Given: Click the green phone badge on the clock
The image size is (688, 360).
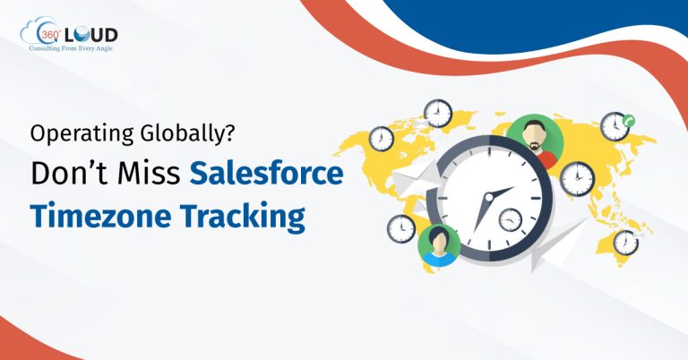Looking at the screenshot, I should [629, 119].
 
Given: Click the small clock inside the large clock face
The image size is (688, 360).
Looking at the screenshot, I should [510, 218].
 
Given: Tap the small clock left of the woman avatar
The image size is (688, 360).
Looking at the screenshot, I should [401, 228].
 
